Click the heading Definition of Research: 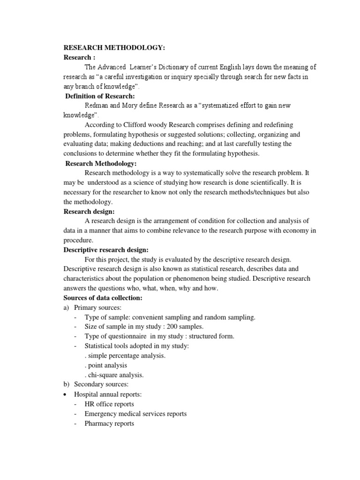point(100,96)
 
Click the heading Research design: point(89,211)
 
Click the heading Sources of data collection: point(102,298)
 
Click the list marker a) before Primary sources point(67,307)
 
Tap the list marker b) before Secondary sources point(67,384)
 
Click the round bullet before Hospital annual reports point(66,394)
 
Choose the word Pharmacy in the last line point(97,423)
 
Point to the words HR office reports point(109,404)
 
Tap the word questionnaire point(123,336)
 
